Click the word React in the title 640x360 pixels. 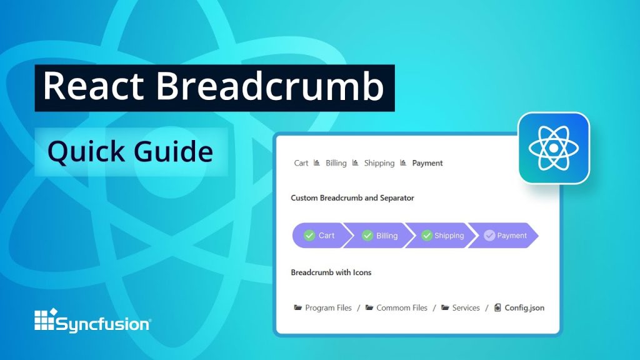tap(92, 87)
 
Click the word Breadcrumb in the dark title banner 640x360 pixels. tap(270, 87)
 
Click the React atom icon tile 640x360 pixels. tap(553, 148)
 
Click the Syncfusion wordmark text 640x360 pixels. tap(104, 324)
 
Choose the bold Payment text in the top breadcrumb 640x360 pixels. tap(427, 163)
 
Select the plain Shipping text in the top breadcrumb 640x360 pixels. tap(379, 163)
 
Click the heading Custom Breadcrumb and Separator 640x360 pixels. tap(352, 198)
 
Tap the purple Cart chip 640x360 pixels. tap(319, 236)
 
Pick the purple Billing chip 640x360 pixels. tap(379, 236)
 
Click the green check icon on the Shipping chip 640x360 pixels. tap(427, 236)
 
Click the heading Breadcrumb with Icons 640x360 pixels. tap(331, 272)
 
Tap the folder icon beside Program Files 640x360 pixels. tap(298, 307)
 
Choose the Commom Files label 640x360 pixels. tap(402, 308)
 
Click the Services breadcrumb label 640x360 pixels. tap(466, 308)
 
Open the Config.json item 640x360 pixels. tap(524, 308)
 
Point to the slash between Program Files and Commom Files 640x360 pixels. tap(358, 308)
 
